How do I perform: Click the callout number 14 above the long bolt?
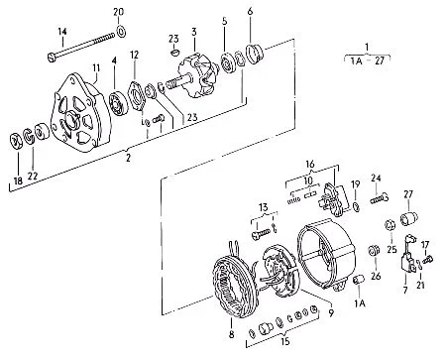click(x=62, y=32)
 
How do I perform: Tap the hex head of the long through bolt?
click(x=52, y=57)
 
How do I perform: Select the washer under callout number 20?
click(x=121, y=31)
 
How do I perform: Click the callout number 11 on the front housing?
click(x=96, y=68)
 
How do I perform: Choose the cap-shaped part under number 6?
click(x=255, y=54)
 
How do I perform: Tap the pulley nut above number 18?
click(x=16, y=142)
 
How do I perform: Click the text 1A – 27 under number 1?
click(x=368, y=60)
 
